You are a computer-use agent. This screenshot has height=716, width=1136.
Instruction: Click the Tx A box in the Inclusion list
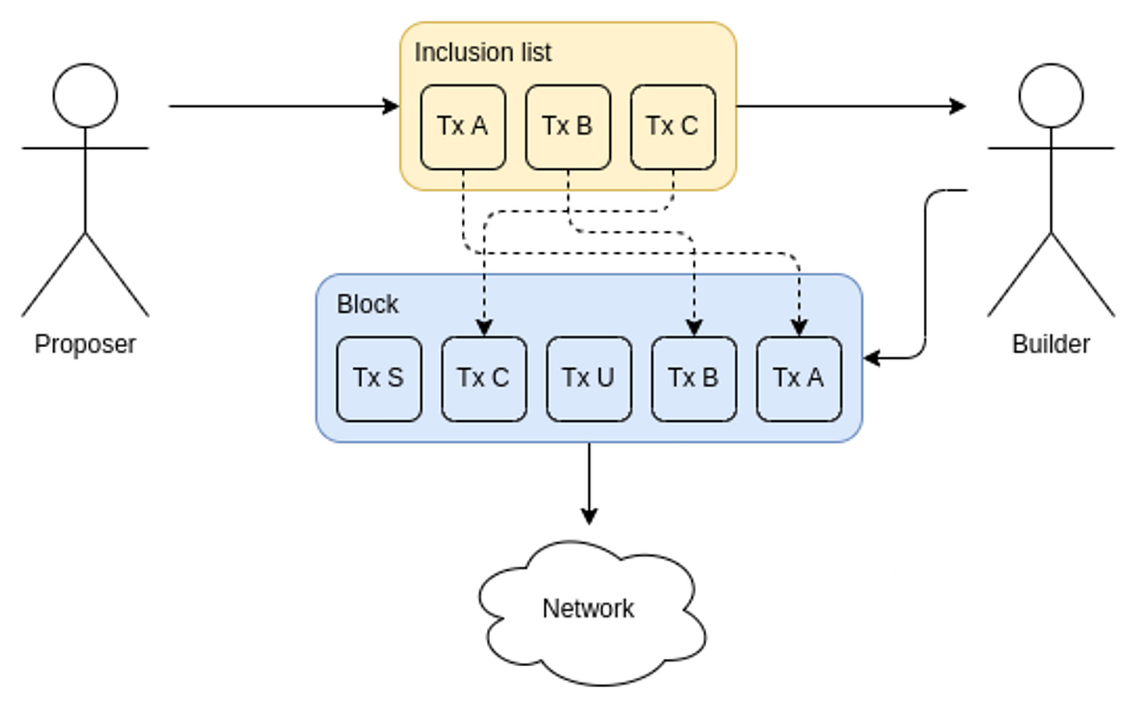[x=463, y=127]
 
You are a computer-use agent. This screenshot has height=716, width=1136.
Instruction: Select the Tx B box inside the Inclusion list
[x=568, y=127]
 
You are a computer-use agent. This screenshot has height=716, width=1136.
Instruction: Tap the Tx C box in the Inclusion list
[x=673, y=127]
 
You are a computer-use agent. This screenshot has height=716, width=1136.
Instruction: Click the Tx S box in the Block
[x=379, y=379]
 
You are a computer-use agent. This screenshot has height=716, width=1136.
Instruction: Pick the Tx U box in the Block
[x=589, y=379]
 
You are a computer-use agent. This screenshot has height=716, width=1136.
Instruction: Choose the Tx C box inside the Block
[x=484, y=379]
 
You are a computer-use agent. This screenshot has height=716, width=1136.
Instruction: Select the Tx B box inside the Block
[x=694, y=379]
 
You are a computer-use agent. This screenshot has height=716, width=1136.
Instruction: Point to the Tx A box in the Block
[x=799, y=379]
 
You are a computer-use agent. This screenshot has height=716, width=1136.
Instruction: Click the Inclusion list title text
[x=483, y=52]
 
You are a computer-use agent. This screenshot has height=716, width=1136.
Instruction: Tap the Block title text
[x=367, y=304]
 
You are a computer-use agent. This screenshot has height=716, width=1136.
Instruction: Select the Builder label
[x=1051, y=344]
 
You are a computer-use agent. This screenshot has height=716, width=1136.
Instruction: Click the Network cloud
[x=592, y=612]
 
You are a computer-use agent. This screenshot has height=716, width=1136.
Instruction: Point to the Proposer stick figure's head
[x=85, y=96]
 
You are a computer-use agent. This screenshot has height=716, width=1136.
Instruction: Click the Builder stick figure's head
[x=1051, y=96]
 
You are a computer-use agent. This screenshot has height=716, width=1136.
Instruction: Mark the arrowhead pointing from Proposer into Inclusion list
[x=391, y=107]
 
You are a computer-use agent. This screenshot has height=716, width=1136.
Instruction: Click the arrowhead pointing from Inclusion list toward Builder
[x=957, y=107]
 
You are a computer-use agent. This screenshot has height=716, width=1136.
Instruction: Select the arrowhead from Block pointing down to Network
[x=589, y=516]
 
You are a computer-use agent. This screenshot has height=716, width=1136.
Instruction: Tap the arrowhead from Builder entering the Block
[x=872, y=358]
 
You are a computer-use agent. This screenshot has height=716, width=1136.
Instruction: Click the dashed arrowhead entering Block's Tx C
[x=485, y=328]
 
